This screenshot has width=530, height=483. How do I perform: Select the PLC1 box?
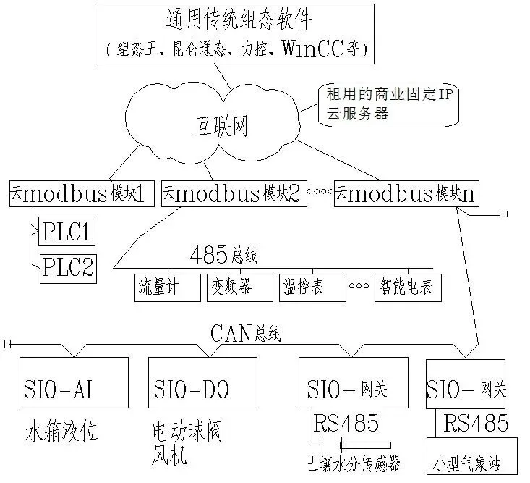pos(67,234)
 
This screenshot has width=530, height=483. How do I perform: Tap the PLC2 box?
pos(67,267)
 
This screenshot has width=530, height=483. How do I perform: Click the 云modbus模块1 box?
pos(82,193)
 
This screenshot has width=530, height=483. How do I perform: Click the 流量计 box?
pos(167,287)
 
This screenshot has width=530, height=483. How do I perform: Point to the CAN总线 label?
pos(245,333)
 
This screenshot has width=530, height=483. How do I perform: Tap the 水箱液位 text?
pos(61,433)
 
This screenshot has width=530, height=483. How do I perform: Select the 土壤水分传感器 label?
pos(354,464)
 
